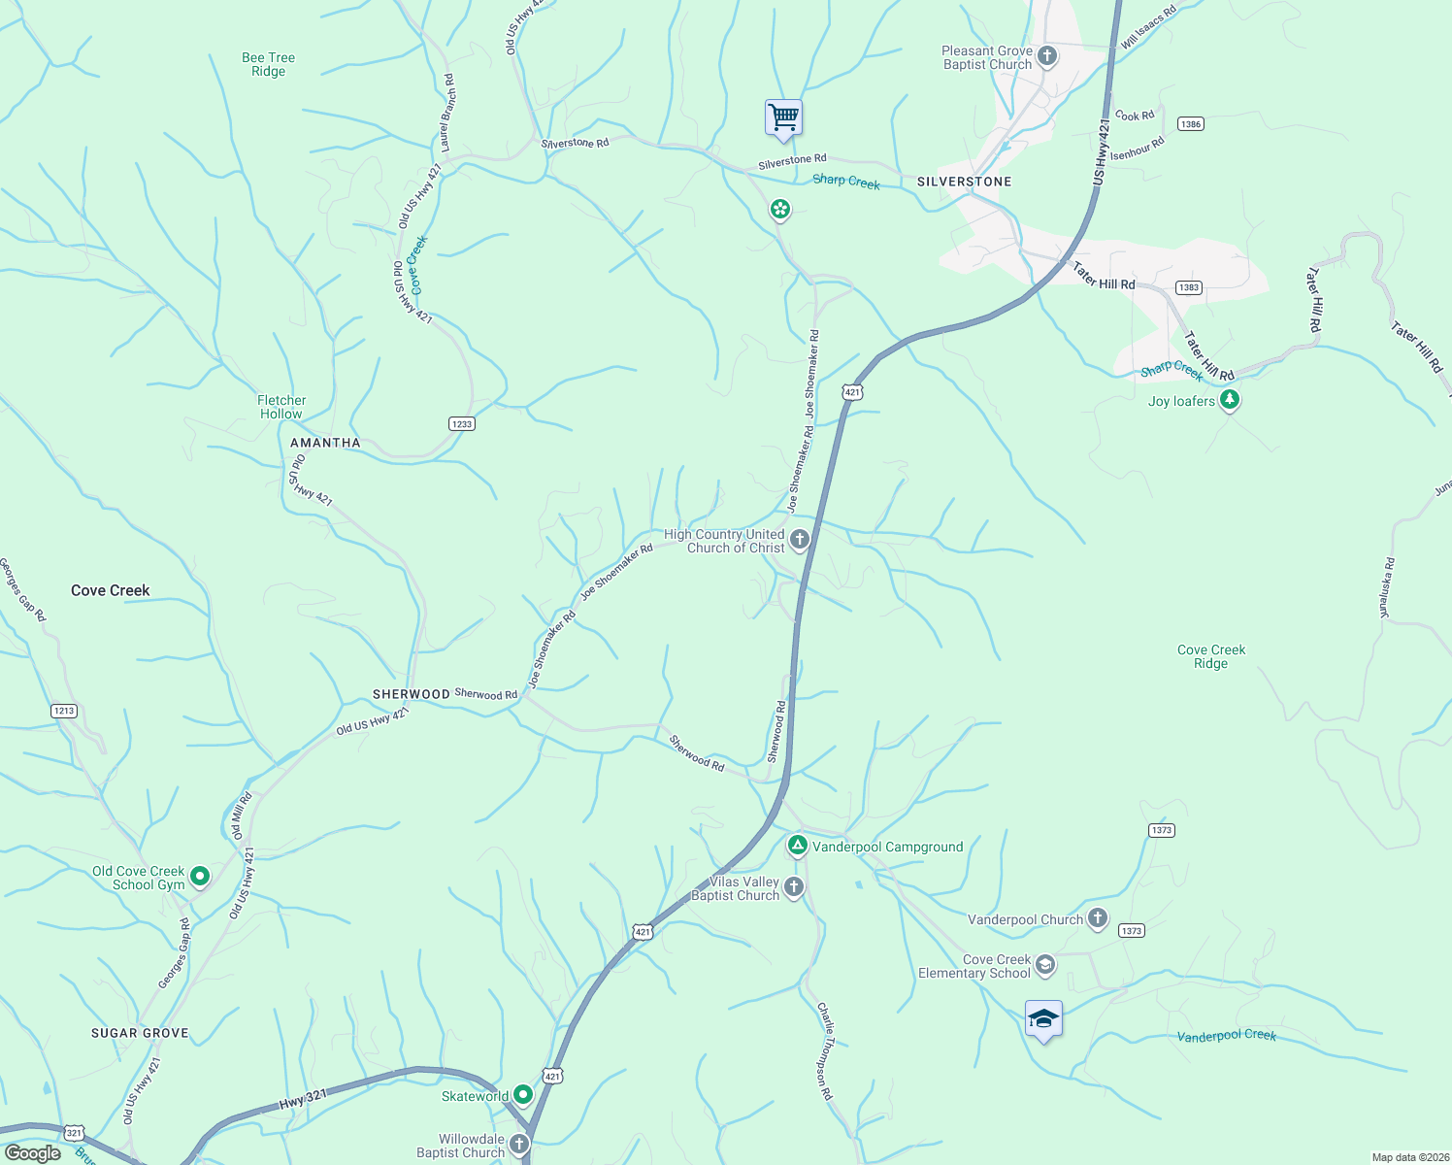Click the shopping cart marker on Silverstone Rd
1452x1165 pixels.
pyautogui.click(x=783, y=117)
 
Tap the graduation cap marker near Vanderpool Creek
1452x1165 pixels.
pyautogui.click(x=1043, y=1019)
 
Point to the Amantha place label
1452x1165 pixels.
pyautogui.click(x=325, y=443)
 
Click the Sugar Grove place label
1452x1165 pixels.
pyautogui.click(x=140, y=1033)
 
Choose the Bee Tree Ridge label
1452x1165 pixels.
pyautogui.click(x=268, y=64)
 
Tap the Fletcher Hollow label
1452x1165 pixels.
pyautogui.click(x=281, y=407)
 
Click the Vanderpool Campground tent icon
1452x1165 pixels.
pyautogui.click(x=797, y=847)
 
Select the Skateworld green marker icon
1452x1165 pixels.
pyautogui.click(x=523, y=1095)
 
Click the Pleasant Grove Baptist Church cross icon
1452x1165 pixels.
pyautogui.click(x=1046, y=55)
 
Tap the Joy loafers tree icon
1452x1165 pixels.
pyautogui.click(x=1230, y=399)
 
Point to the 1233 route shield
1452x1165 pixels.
pyautogui.click(x=462, y=423)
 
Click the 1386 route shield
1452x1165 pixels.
pyautogui.click(x=1190, y=124)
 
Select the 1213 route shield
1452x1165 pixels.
pyautogui.click(x=64, y=711)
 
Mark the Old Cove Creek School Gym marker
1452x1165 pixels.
pyautogui.click(x=200, y=877)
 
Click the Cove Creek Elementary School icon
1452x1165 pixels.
pyautogui.click(x=1044, y=964)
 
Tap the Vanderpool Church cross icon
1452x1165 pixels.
pyautogui.click(x=1098, y=918)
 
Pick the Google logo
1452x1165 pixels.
pyautogui.click(x=32, y=1153)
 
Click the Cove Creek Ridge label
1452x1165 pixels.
pyautogui.click(x=1210, y=656)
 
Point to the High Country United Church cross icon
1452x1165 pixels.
pyautogui.click(x=799, y=540)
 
